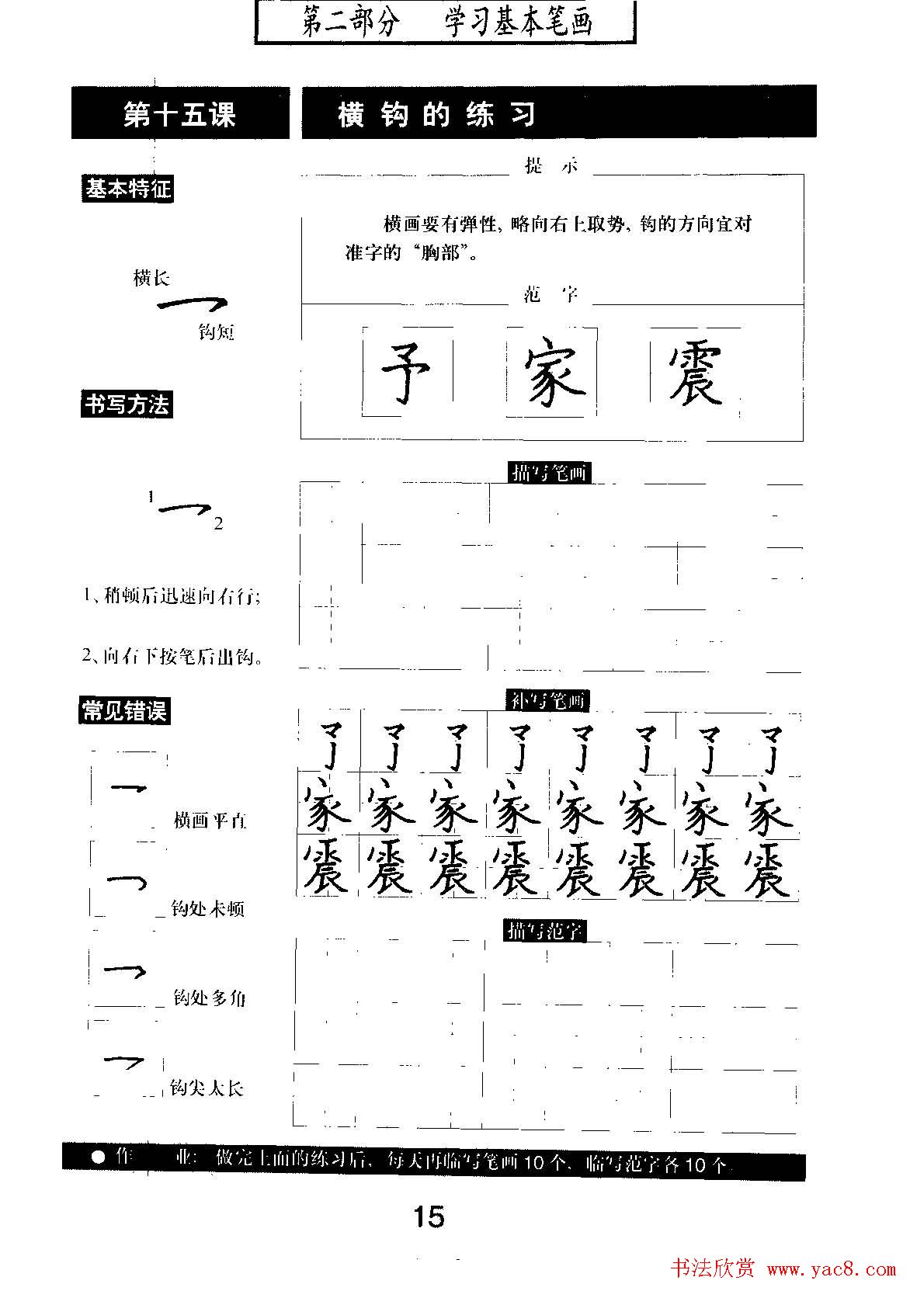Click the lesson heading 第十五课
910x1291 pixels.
point(179,115)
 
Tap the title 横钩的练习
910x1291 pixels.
point(437,115)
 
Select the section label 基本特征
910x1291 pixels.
point(127,189)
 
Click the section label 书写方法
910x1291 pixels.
point(126,404)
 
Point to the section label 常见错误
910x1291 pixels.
point(123,710)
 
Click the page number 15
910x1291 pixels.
point(429,1216)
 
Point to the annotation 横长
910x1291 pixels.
point(151,278)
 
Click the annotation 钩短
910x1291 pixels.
point(216,332)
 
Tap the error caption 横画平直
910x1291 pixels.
point(210,821)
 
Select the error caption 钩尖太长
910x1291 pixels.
point(207,1088)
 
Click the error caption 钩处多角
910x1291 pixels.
point(209,998)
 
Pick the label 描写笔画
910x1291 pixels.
point(551,472)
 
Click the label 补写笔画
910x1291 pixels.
point(548,700)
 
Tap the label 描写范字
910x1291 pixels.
point(546,929)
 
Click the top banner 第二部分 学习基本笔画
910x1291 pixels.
point(446,22)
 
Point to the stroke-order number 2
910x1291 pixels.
point(219,523)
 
